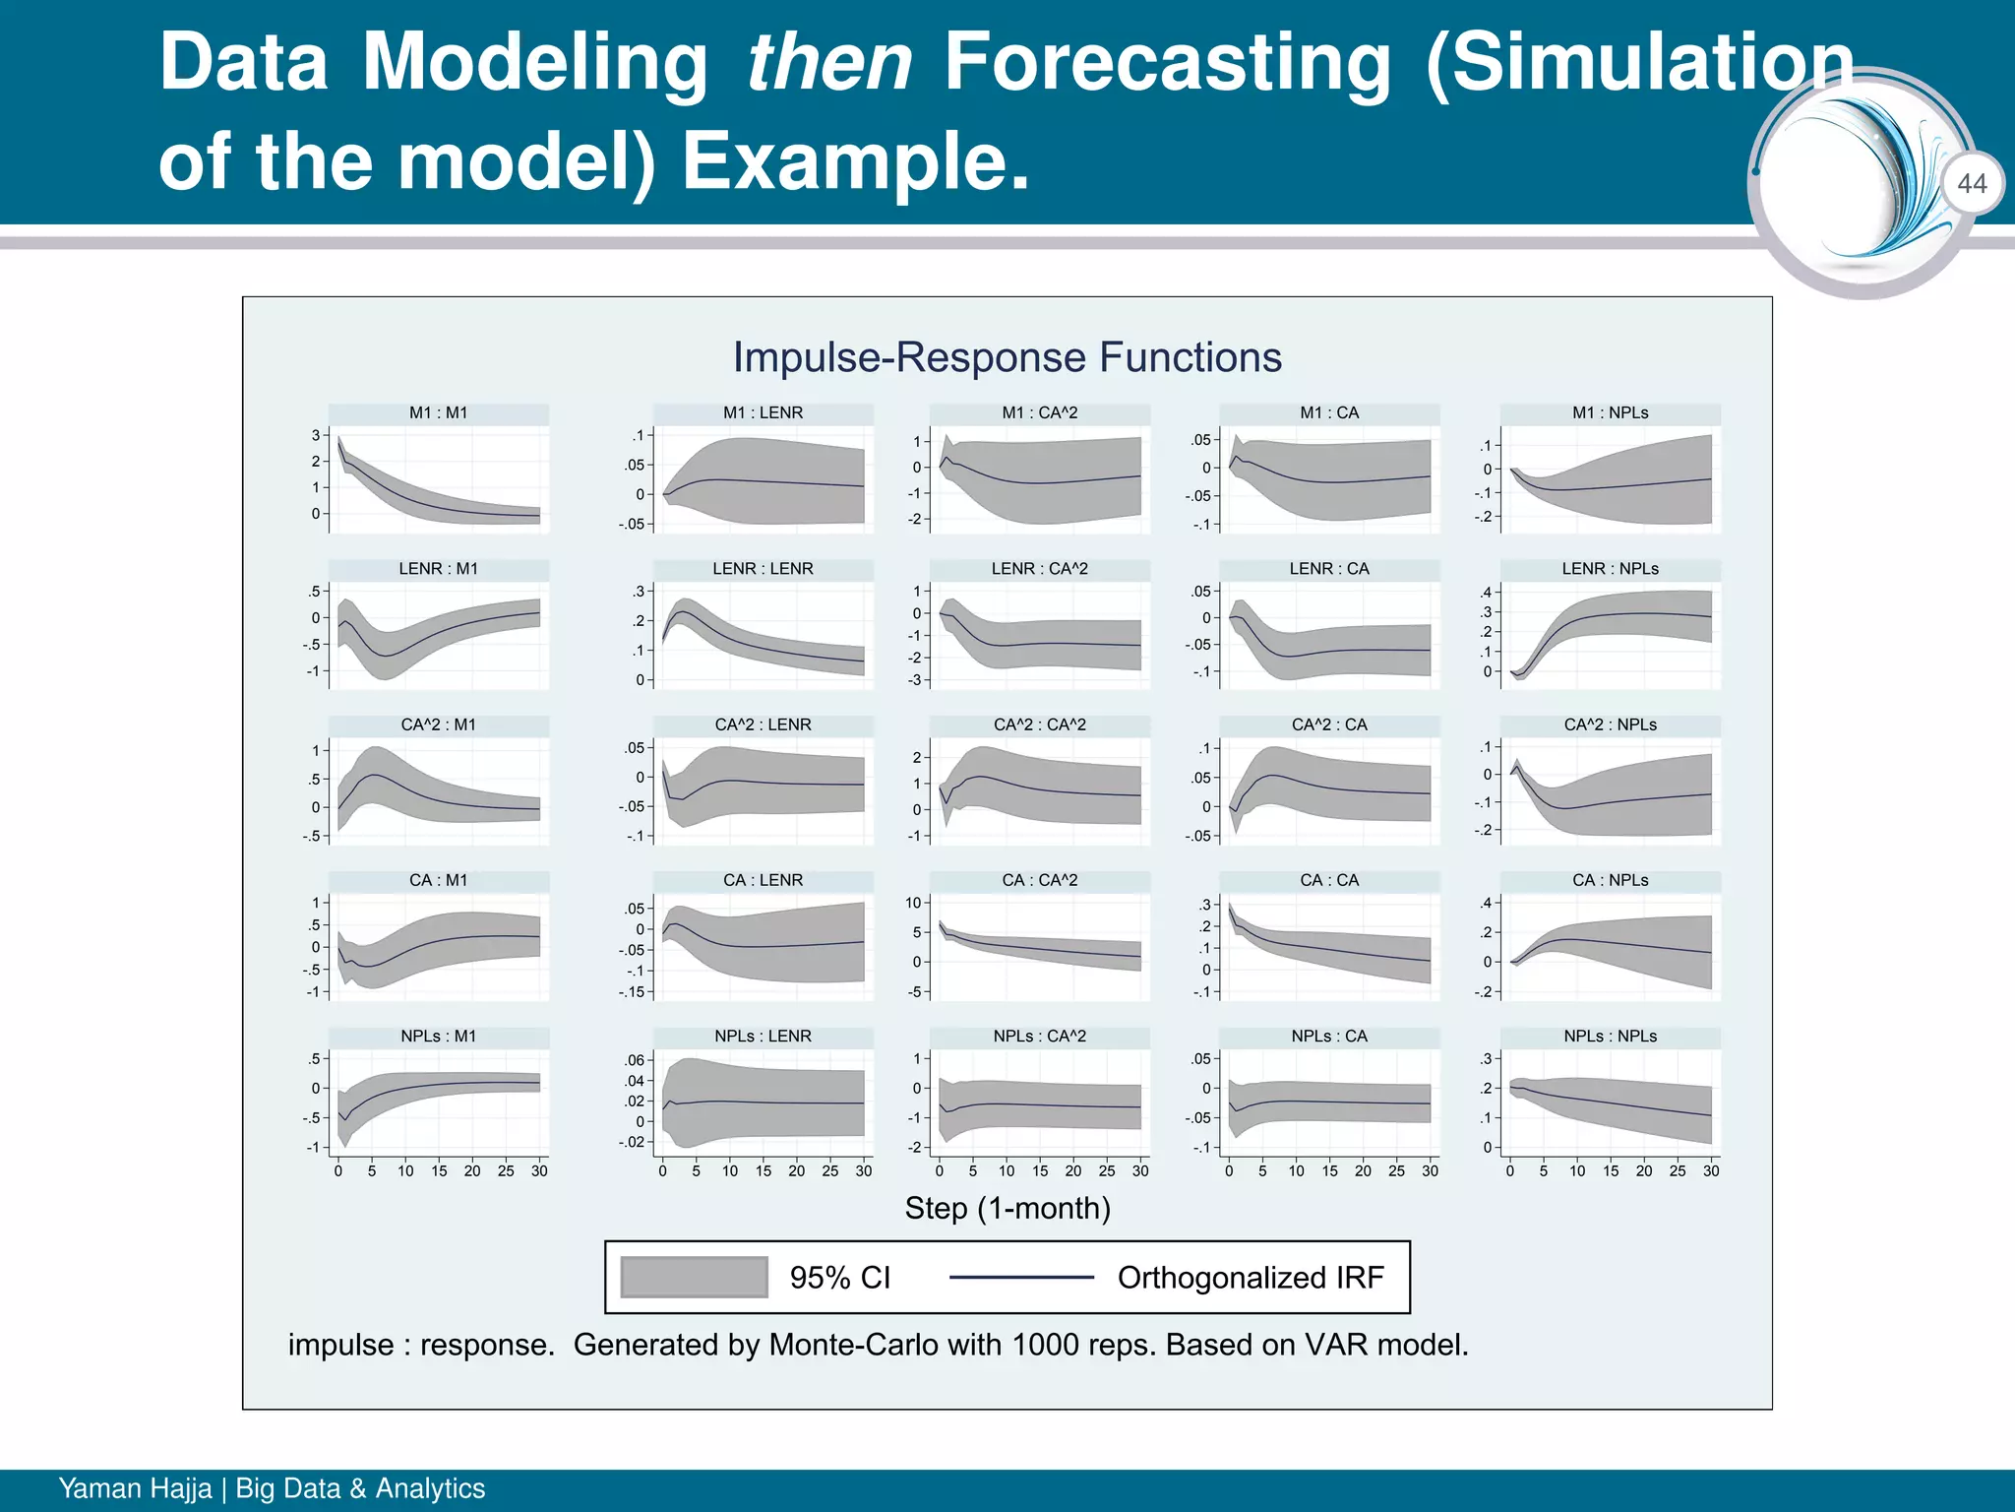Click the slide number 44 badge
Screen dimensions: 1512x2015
[1972, 184]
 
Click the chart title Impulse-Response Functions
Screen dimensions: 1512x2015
[1007, 357]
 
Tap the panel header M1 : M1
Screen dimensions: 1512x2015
[439, 413]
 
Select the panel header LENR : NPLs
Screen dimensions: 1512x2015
[1610, 569]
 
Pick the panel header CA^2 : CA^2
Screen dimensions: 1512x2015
[1039, 724]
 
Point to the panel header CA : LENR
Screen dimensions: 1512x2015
[763, 880]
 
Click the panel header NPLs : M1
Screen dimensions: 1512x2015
[439, 1037]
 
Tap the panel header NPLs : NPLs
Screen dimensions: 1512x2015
[1610, 1037]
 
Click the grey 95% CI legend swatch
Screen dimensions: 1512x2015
[694, 1278]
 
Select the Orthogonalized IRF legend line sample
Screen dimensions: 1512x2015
[1021, 1278]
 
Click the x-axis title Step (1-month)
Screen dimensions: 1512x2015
[1007, 1208]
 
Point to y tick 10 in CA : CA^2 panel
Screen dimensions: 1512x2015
[913, 903]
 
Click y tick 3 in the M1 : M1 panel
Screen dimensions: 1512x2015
[316, 435]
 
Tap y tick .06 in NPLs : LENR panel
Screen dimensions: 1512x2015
[635, 1060]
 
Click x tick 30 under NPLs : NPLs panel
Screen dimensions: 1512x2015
[1711, 1171]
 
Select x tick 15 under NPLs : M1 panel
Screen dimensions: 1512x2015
[439, 1171]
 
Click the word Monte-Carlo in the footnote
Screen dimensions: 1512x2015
[853, 1345]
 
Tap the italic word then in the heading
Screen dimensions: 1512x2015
[828, 63]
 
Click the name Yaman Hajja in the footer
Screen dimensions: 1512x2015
[135, 1488]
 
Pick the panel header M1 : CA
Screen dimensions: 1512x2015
[1329, 413]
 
